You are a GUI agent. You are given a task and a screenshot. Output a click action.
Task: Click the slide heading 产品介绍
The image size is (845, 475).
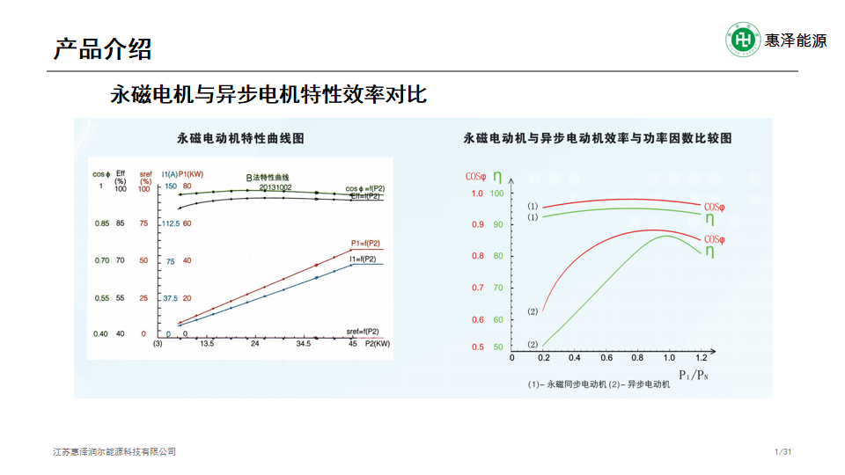[102, 48]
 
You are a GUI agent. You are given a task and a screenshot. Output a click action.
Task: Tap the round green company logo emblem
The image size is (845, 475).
[743, 40]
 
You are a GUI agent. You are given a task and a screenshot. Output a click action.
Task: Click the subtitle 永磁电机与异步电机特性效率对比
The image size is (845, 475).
[268, 94]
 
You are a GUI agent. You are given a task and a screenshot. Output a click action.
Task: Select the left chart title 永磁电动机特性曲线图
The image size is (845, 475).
[239, 138]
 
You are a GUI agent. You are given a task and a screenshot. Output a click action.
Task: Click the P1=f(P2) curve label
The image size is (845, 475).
[365, 243]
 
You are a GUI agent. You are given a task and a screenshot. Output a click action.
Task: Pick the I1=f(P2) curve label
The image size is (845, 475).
[363, 259]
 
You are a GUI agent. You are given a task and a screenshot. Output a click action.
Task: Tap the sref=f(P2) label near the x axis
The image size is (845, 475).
[363, 331]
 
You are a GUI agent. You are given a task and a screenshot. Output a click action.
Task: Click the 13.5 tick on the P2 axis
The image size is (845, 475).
[207, 344]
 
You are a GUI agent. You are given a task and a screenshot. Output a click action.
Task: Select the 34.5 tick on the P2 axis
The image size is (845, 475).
[304, 344]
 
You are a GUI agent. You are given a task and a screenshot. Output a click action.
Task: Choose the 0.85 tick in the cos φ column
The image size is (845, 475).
[102, 223]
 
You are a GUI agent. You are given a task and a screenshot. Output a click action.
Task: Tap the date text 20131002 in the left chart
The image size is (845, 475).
[275, 187]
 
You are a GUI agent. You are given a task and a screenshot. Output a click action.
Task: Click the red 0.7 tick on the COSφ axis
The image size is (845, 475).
[477, 288]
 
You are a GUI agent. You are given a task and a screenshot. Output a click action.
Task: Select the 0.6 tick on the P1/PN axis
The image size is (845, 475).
[606, 358]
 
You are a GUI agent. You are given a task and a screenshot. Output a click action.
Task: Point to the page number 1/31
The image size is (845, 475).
[783, 452]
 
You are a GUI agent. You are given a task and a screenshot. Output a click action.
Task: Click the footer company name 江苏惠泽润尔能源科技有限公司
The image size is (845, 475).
[114, 452]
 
